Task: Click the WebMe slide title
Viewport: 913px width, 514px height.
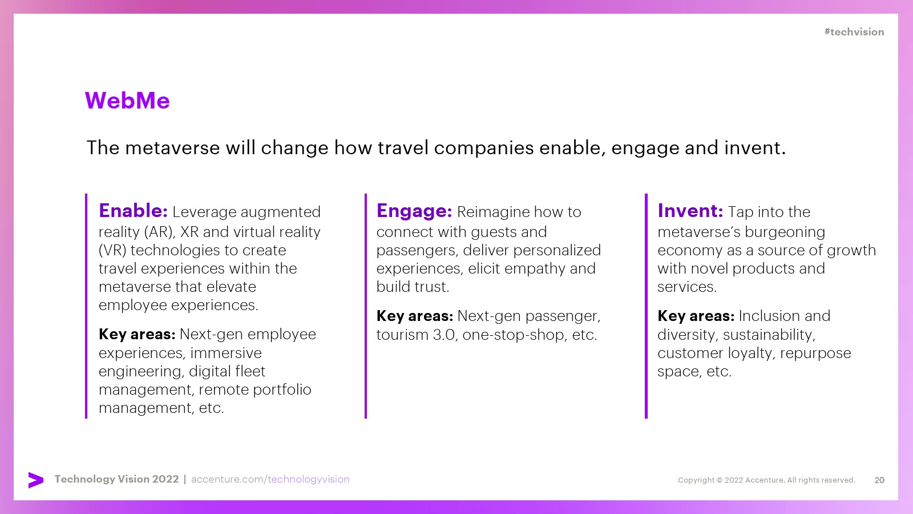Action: pyautogui.click(x=127, y=101)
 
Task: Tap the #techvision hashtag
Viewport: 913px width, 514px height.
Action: pyautogui.click(x=854, y=32)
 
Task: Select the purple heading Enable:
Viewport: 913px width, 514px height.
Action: pyautogui.click(x=133, y=211)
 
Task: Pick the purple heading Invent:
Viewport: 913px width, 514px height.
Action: pyautogui.click(x=690, y=211)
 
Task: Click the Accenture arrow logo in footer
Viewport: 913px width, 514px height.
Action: pyautogui.click(x=36, y=480)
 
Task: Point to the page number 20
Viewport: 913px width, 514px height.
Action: pyautogui.click(x=879, y=480)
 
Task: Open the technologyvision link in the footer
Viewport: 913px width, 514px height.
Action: pyautogui.click(x=309, y=479)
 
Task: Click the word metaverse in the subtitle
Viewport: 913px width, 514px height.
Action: pyautogui.click(x=172, y=148)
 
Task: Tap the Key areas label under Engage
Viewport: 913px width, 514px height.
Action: pyautogui.click(x=414, y=316)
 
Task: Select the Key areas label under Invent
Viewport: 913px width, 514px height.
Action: pyautogui.click(x=696, y=316)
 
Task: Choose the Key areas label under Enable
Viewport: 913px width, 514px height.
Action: pyautogui.click(x=137, y=335)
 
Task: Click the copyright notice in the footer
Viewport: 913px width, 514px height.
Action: pyautogui.click(x=766, y=480)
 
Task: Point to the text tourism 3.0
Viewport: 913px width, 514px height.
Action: pyautogui.click(x=415, y=335)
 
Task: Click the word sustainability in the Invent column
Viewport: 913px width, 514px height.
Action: pyautogui.click(x=769, y=335)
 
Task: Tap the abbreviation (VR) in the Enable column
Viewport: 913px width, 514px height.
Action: pyautogui.click(x=112, y=251)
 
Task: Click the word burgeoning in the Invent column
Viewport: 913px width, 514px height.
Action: pyautogui.click(x=785, y=232)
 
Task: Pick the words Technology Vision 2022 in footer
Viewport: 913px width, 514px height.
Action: pyautogui.click(x=116, y=479)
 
